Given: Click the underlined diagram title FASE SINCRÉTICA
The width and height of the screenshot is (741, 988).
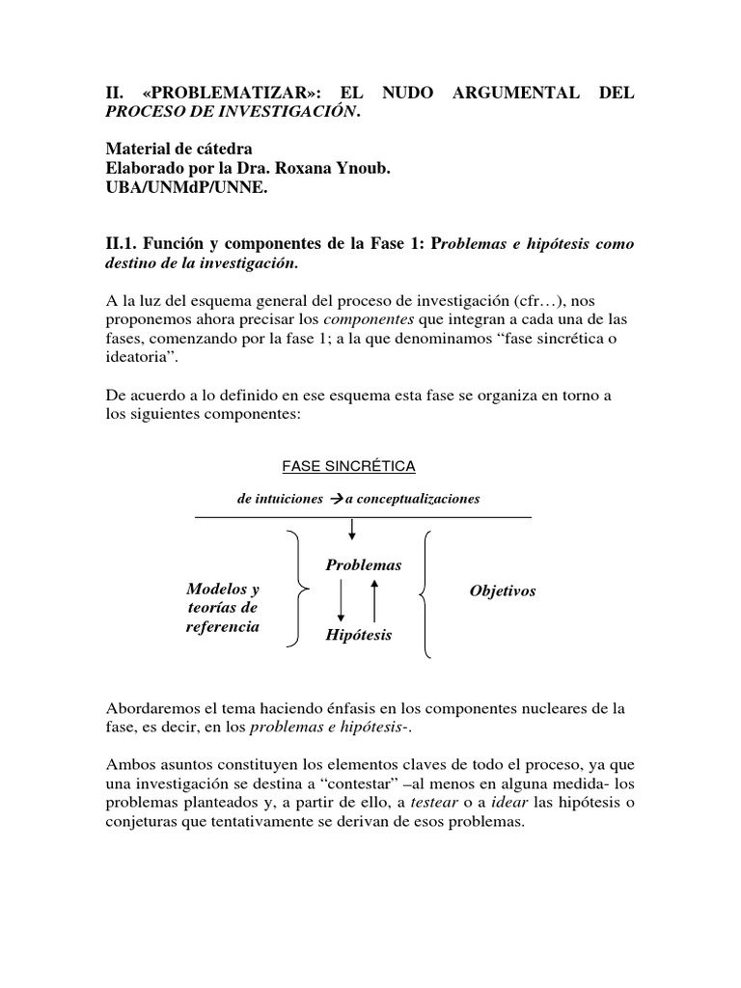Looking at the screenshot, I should tap(348, 466).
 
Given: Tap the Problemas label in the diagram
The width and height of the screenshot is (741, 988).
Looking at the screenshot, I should tap(363, 564).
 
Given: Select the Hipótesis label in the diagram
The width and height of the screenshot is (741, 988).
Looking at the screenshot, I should tap(359, 636).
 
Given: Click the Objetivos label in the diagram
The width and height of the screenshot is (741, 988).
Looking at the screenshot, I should tap(502, 590).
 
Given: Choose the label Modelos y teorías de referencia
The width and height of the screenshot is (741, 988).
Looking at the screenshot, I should tap(222, 608).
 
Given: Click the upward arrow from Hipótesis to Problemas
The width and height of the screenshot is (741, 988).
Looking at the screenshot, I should tap(375, 600).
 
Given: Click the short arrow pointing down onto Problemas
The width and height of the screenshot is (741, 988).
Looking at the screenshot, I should tap(352, 530).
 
